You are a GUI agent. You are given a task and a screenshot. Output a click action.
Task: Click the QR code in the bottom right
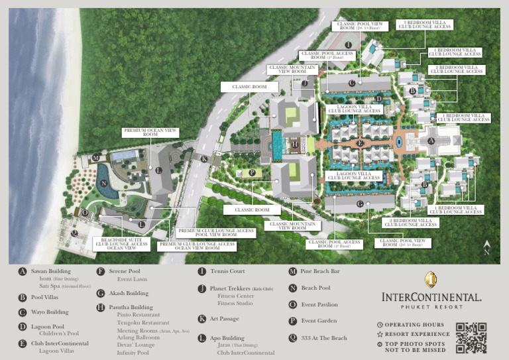(x=471, y=337)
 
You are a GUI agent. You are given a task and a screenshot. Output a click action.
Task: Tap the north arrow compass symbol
(x=487, y=248)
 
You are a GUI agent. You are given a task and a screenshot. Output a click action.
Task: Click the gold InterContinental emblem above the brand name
(x=431, y=279)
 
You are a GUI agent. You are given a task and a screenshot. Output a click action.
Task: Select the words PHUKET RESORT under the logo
(x=431, y=307)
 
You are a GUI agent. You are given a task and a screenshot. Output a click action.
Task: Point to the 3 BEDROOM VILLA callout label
(x=424, y=25)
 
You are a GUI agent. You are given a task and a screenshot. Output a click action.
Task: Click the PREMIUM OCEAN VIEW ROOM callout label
(x=150, y=133)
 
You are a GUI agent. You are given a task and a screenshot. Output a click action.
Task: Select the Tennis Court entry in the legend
(x=227, y=271)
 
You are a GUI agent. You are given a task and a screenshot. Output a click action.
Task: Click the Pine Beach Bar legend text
(x=320, y=271)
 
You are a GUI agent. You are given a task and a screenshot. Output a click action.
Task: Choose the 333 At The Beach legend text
(x=324, y=338)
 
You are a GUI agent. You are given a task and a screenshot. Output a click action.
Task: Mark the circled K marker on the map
(x=204, y=159)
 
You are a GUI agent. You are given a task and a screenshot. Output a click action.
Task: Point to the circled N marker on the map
(x=104, y=184)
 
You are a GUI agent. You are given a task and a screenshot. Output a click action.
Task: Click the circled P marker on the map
(x=252, y=172)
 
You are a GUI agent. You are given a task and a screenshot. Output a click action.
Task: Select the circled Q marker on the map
(x=75, y=233)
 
